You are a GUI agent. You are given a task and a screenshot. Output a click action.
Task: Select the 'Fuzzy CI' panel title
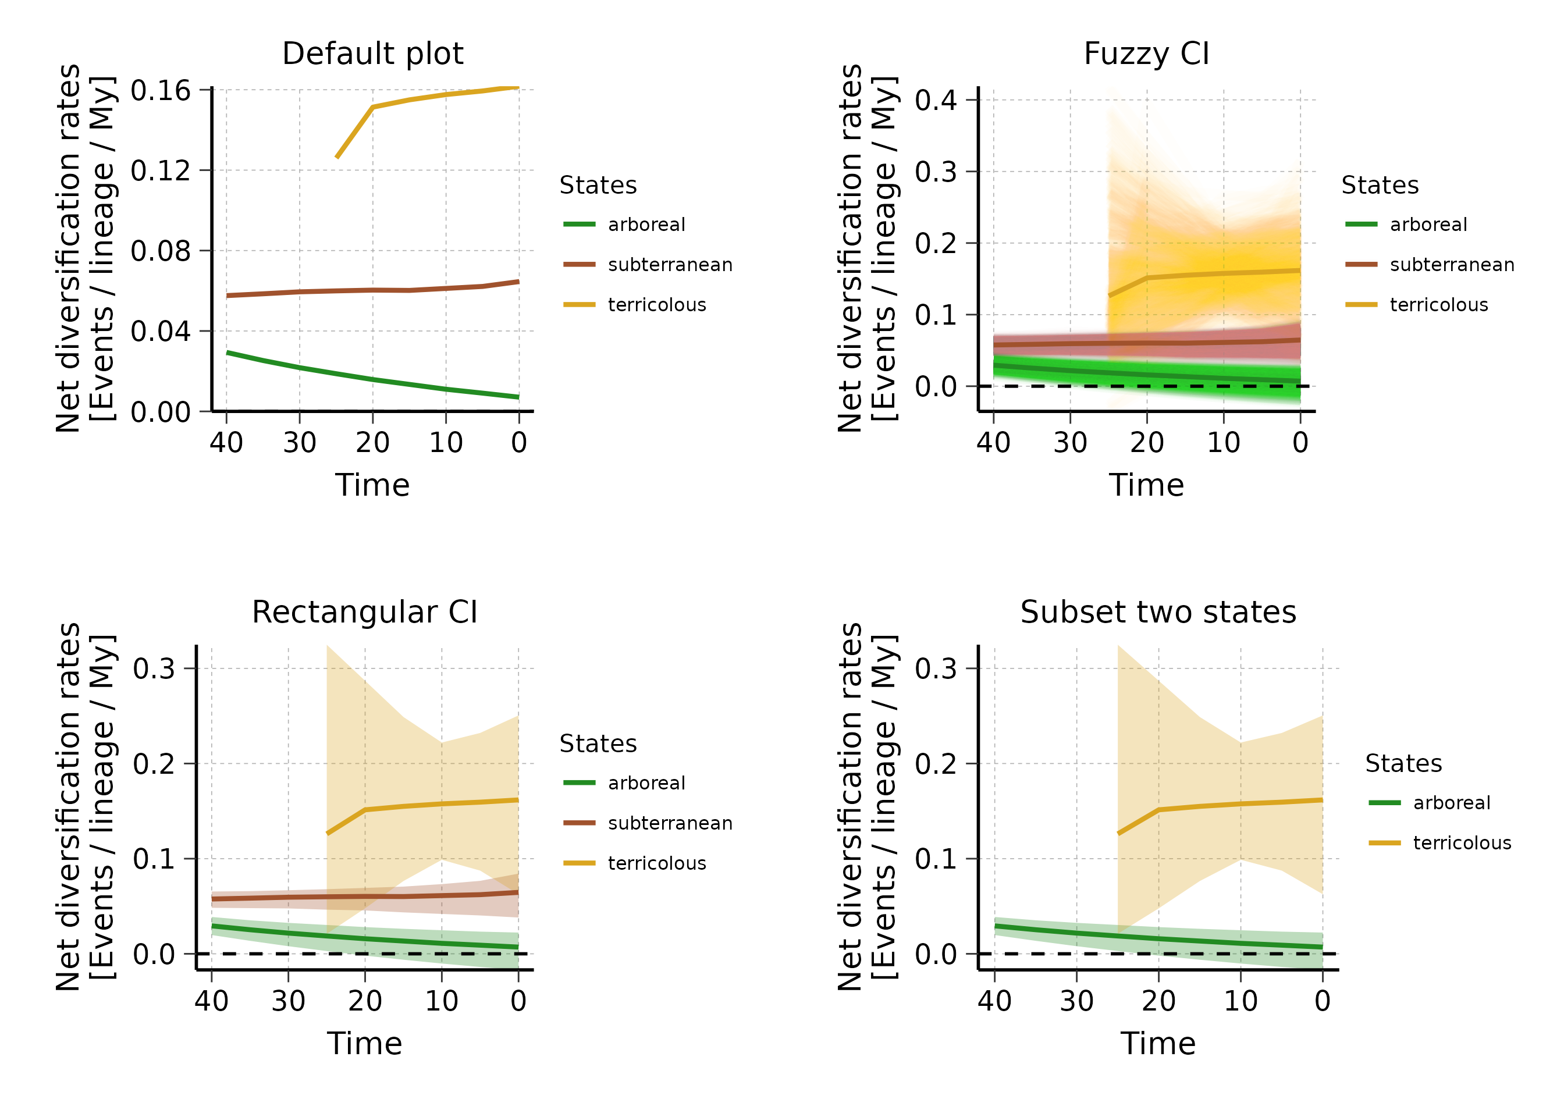(1146, 54)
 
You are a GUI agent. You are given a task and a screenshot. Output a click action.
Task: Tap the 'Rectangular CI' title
(364, 612)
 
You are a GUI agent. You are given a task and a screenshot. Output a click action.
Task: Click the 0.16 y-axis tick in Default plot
(160, 90)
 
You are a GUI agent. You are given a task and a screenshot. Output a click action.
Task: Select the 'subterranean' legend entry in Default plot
(669, 265)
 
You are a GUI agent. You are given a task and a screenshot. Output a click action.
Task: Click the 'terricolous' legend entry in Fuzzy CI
(1438, 305)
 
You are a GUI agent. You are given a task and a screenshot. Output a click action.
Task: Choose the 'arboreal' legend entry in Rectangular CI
(646, 782)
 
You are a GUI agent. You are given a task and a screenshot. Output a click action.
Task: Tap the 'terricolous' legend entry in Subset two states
(1462, 842)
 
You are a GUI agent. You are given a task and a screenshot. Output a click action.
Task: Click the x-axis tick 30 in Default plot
(299, 442)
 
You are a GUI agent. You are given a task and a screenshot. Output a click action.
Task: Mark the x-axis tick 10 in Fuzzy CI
(1223, 442)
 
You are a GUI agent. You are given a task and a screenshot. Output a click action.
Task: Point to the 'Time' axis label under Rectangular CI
(364, 1043)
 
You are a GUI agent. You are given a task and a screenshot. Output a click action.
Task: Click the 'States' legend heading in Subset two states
(1403, 763)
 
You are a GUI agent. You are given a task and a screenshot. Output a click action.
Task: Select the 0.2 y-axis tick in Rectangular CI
(154, 763)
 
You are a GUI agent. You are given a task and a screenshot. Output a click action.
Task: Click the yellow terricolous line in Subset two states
(1238, 804)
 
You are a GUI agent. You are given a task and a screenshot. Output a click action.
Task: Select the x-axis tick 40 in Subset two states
(994, 1001)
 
